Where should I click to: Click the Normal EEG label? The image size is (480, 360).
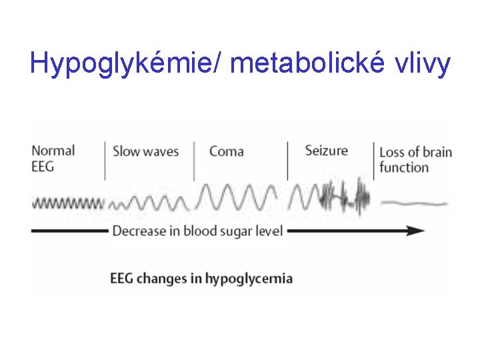click(x=53, y=159)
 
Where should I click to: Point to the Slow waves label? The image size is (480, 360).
click(x=145, y=151)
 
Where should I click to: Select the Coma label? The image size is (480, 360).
click(x=227, y=151)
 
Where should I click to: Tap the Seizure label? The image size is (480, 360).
click(x=326, y=150)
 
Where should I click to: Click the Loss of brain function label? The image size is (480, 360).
click(x=415, y=159)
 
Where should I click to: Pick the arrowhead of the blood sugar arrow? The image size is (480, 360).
click(x=416, y=231)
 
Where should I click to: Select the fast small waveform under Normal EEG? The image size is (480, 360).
click(x=68, y=202)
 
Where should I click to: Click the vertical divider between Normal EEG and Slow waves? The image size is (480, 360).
click(x=105, y=160)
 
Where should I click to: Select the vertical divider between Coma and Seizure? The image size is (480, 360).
click(x=287, y=160)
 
